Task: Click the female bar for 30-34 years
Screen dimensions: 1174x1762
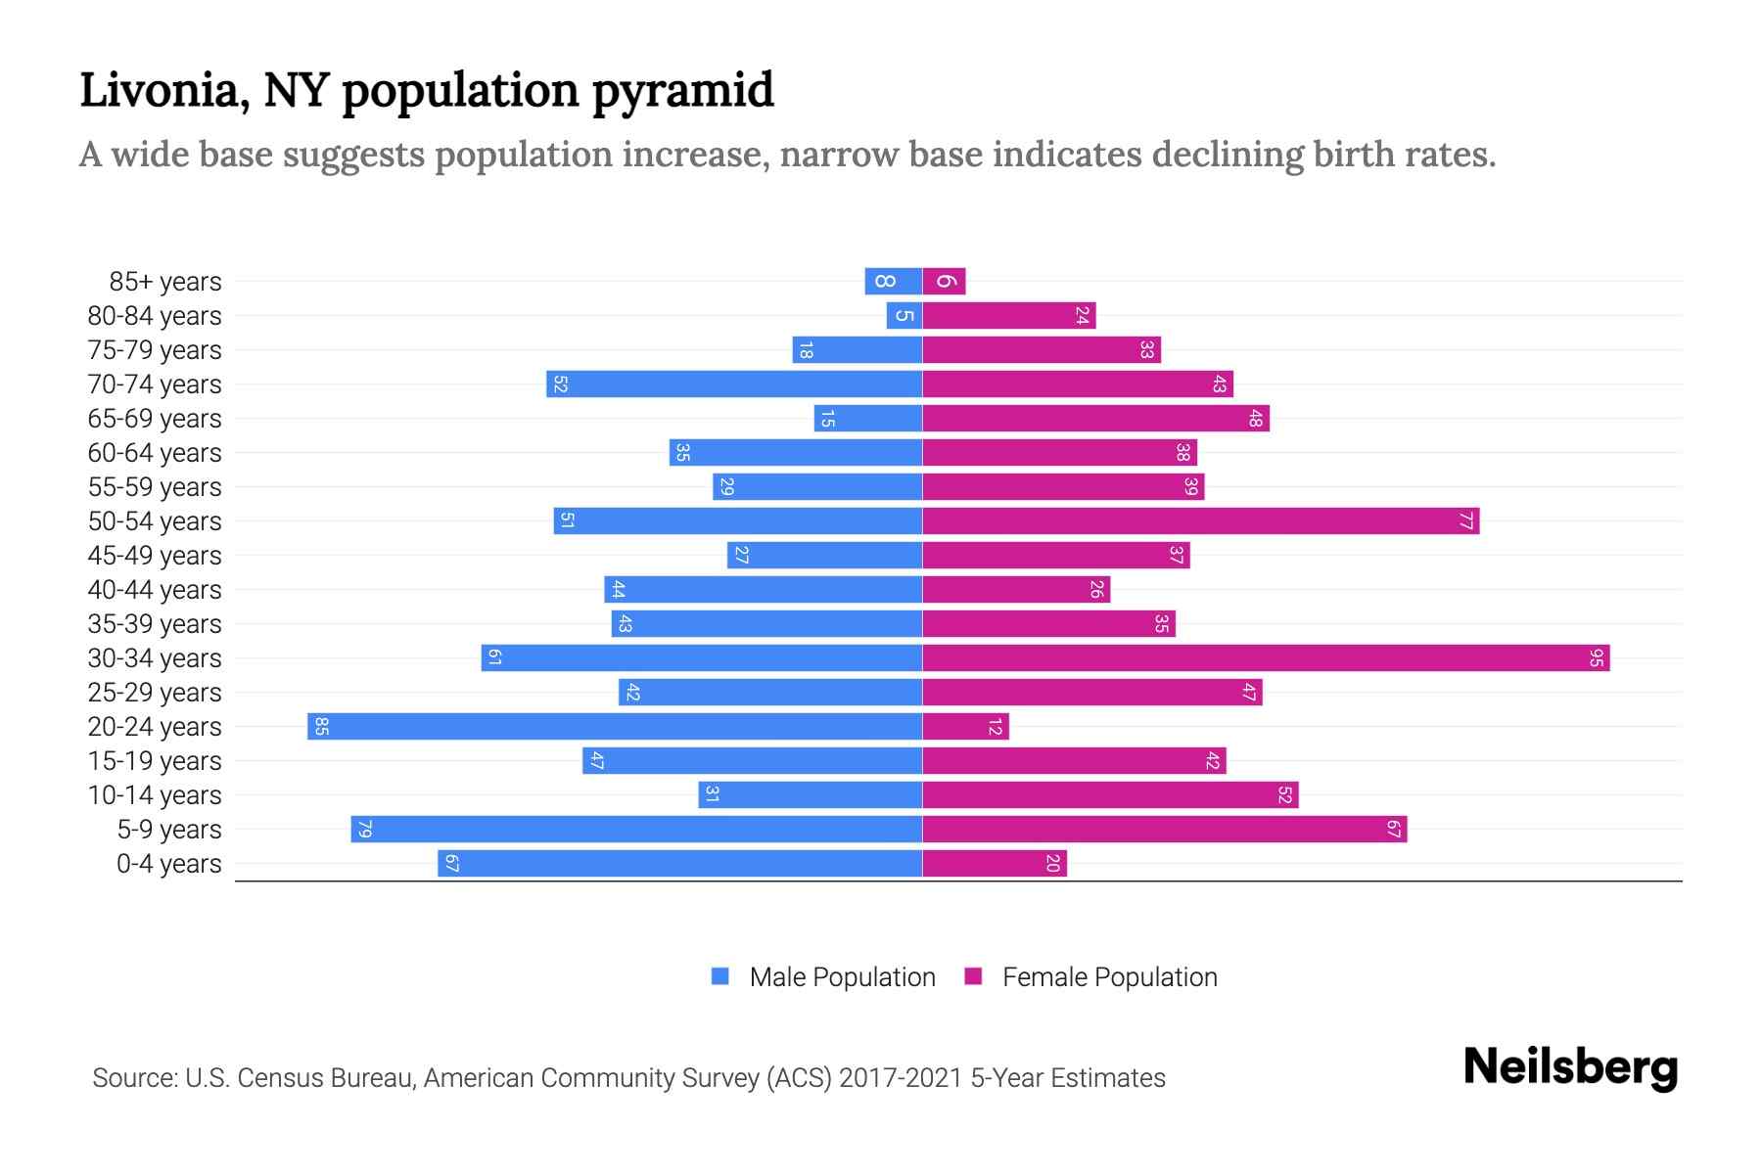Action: point(1265,658)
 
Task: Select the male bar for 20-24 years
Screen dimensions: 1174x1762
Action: point(615,727)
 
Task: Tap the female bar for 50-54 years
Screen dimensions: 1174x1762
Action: point(1200,521)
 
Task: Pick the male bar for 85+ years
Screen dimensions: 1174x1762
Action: point(893,282)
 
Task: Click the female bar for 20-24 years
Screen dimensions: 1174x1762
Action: point(965,727)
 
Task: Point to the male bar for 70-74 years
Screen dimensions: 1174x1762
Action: point(734,384)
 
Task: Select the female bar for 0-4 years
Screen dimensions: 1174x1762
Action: point(994,864)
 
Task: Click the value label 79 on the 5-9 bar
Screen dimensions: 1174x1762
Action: point(364,830)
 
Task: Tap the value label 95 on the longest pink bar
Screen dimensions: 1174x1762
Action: point(1596,658)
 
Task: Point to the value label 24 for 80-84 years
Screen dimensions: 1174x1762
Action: point(1082,316)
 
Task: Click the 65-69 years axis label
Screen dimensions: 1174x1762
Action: point(155,419)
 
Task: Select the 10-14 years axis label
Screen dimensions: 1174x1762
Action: point(155,795)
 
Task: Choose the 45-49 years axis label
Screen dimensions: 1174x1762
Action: point(155,556)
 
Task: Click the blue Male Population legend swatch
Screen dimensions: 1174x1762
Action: point(720,976)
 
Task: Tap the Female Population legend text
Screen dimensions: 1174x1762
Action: point(1109,977)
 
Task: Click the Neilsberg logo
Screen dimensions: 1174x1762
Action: point(1570,1068)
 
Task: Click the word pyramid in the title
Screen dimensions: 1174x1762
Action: point(683,92)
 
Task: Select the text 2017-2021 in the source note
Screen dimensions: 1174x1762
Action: point(901,1078)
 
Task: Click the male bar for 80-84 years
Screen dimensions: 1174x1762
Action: point(904,316)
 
